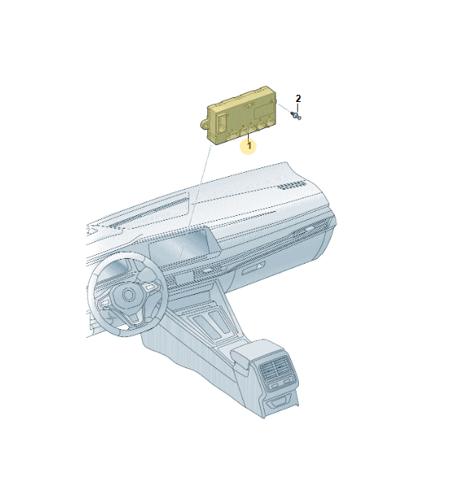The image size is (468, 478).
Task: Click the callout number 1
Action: click(250, 146)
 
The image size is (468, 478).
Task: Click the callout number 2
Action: click(298, 99)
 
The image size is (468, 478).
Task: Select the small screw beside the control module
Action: click(296, 116)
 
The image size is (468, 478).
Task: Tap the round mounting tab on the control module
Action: click(204, 124)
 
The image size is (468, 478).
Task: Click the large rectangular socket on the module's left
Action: click(222, 122)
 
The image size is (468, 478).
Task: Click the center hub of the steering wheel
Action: click(128, 295)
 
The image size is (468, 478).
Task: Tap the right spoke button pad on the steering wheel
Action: click(151, 286)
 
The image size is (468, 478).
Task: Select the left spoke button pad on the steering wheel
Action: click(104, 302)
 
